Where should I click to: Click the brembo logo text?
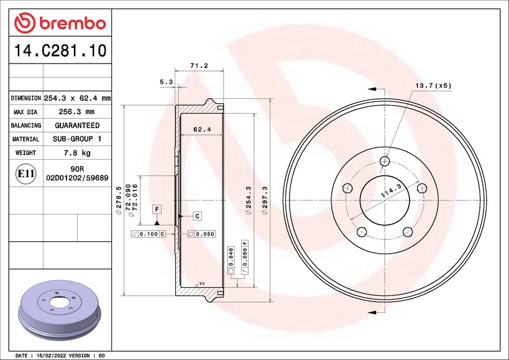(x=73, y=24)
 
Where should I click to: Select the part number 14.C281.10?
(x=60, y=50)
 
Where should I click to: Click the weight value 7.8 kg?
(x=77, y=152)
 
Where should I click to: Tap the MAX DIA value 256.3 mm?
(x=76, y=112)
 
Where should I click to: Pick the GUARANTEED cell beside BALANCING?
(x=77, y=126)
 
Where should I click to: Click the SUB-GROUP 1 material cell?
(x=77, y=139)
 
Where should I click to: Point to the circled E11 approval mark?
(x=25, y=173)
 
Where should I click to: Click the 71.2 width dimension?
(x=199, y=65)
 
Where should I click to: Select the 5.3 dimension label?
(x=166, y=82)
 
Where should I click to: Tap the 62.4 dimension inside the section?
(x=202, y=129)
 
